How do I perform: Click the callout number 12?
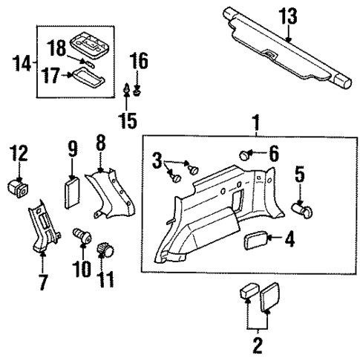(x=19, y=154)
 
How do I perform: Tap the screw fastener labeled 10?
(x=81, y=238)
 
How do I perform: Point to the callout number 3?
(x=157, y=158)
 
